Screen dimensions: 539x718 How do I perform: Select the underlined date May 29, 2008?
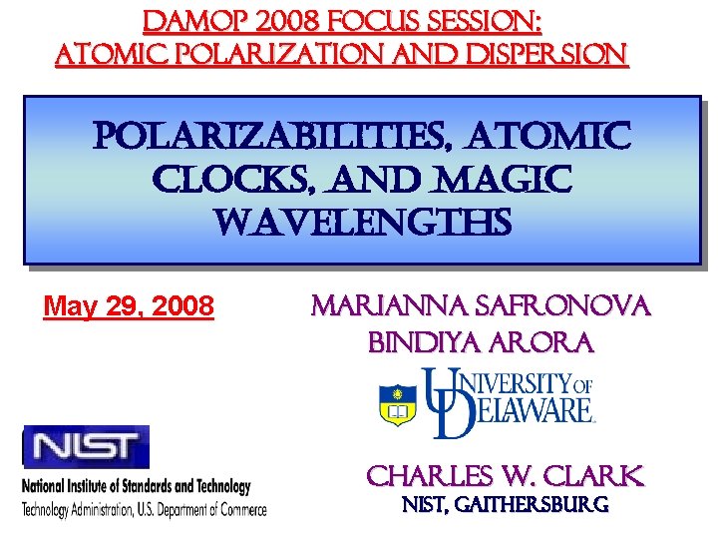tap(129, 304)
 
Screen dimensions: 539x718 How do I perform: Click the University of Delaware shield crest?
tap(398, 403)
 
